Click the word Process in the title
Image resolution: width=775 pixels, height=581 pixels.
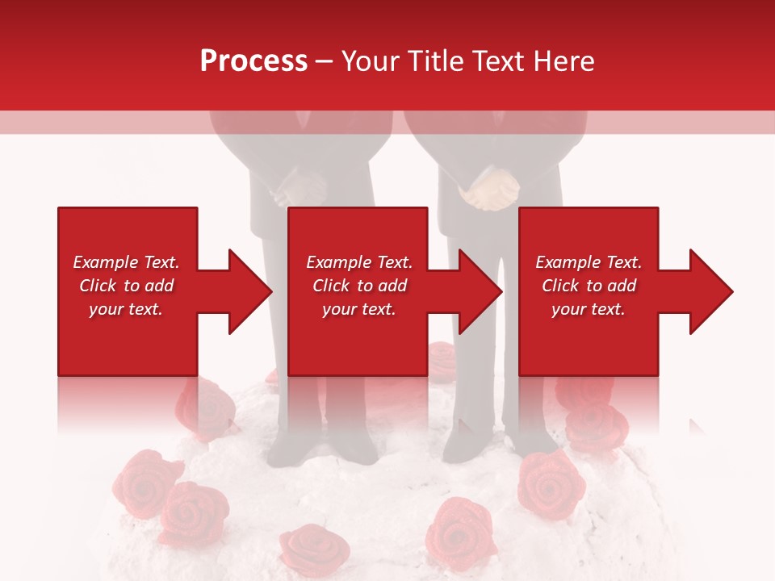[x=253, y=61]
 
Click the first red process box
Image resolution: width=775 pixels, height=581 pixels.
[x=128, y=291]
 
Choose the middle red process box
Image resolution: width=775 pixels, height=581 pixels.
[x=358, y=291]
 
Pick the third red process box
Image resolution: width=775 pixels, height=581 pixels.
[x=589, y=291]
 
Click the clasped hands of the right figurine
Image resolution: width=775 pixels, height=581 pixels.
[x=488, y=191]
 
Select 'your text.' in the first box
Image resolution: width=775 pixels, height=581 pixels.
[x=126, y=309]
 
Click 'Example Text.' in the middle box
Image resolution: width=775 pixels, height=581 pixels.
[x=358, y=262]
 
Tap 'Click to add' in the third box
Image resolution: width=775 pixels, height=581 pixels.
[x=589, y=286]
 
